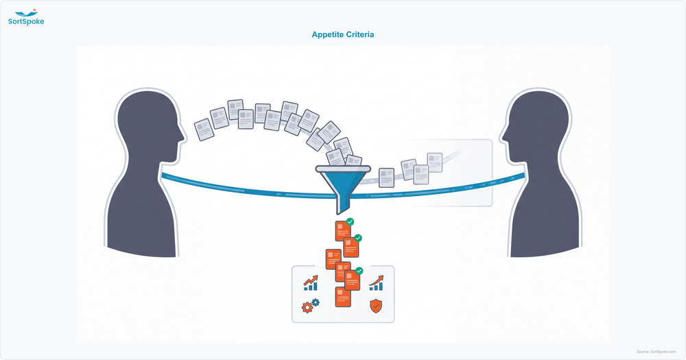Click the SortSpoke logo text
[26, 21]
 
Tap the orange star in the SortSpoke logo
[34, 10]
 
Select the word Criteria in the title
[360, 34]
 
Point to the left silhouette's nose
[184, 138]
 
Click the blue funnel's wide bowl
[343, 180]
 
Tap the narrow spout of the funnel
[343, 204]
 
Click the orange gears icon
[310, 305]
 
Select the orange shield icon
[375, 306]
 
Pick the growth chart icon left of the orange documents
[311, 283]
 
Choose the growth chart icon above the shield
[376, 283]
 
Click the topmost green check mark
[350, 221]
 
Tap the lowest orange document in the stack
[343, 297]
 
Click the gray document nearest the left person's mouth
[204, 130]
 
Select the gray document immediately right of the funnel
[386, 178]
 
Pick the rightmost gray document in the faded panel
[435, 163]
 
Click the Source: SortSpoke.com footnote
[657, 352]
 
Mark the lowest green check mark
[359, 272]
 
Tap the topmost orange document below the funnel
[343, 231]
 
